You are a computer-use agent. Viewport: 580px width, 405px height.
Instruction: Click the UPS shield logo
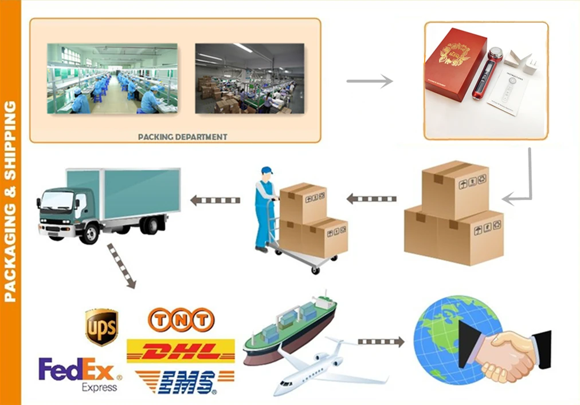tap(101, 327)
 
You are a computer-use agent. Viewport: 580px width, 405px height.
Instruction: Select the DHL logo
tap(181, 351)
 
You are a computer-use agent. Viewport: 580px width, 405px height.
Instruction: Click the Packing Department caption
tap(183, 137)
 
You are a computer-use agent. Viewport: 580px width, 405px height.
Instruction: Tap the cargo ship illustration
tap(289, 326)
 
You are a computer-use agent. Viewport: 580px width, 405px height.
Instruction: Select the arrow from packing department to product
tap(370, 81)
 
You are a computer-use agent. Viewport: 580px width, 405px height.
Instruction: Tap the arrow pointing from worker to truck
tap(215, 200)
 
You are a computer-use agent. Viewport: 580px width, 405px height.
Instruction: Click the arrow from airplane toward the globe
tap(381, 342)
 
